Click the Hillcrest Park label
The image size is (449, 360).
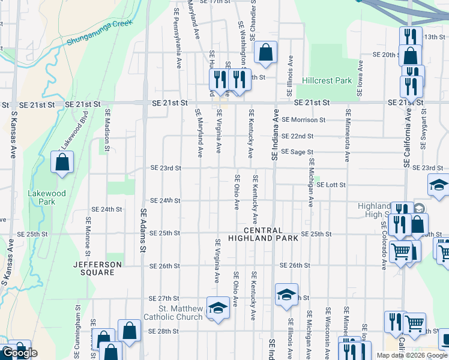click(x=327, y=80)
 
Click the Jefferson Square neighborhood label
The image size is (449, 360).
click(x=94, y=268)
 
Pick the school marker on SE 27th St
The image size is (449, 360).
click(x=287, y=295)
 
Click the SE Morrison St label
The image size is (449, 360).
click(x=304, y=120)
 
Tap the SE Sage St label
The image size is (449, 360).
click(x=298, y=152)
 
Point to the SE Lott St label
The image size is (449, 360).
click(x=331, y=185)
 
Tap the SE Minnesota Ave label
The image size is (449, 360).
click(x=347, y=135)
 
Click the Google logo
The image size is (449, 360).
click(x=20, y=353)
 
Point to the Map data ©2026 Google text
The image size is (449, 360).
click(x=411, y=355)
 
